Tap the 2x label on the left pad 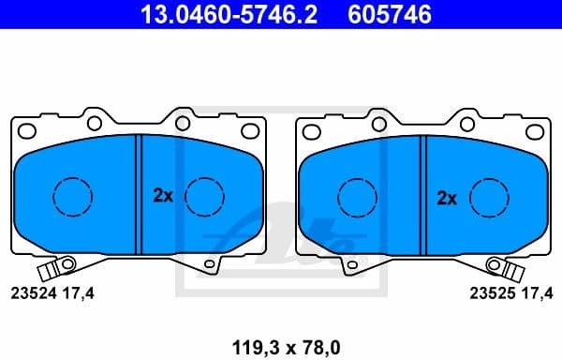tap(163, 196)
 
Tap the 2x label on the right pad tap(447, 197)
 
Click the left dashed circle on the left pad tap(72, 196)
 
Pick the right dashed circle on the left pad tap(204, 196)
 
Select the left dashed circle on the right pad tap(356, 196)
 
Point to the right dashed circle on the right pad tap(488, 196)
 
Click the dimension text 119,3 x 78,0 tap(280, 346)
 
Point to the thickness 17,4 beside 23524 tap(81, 292)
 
